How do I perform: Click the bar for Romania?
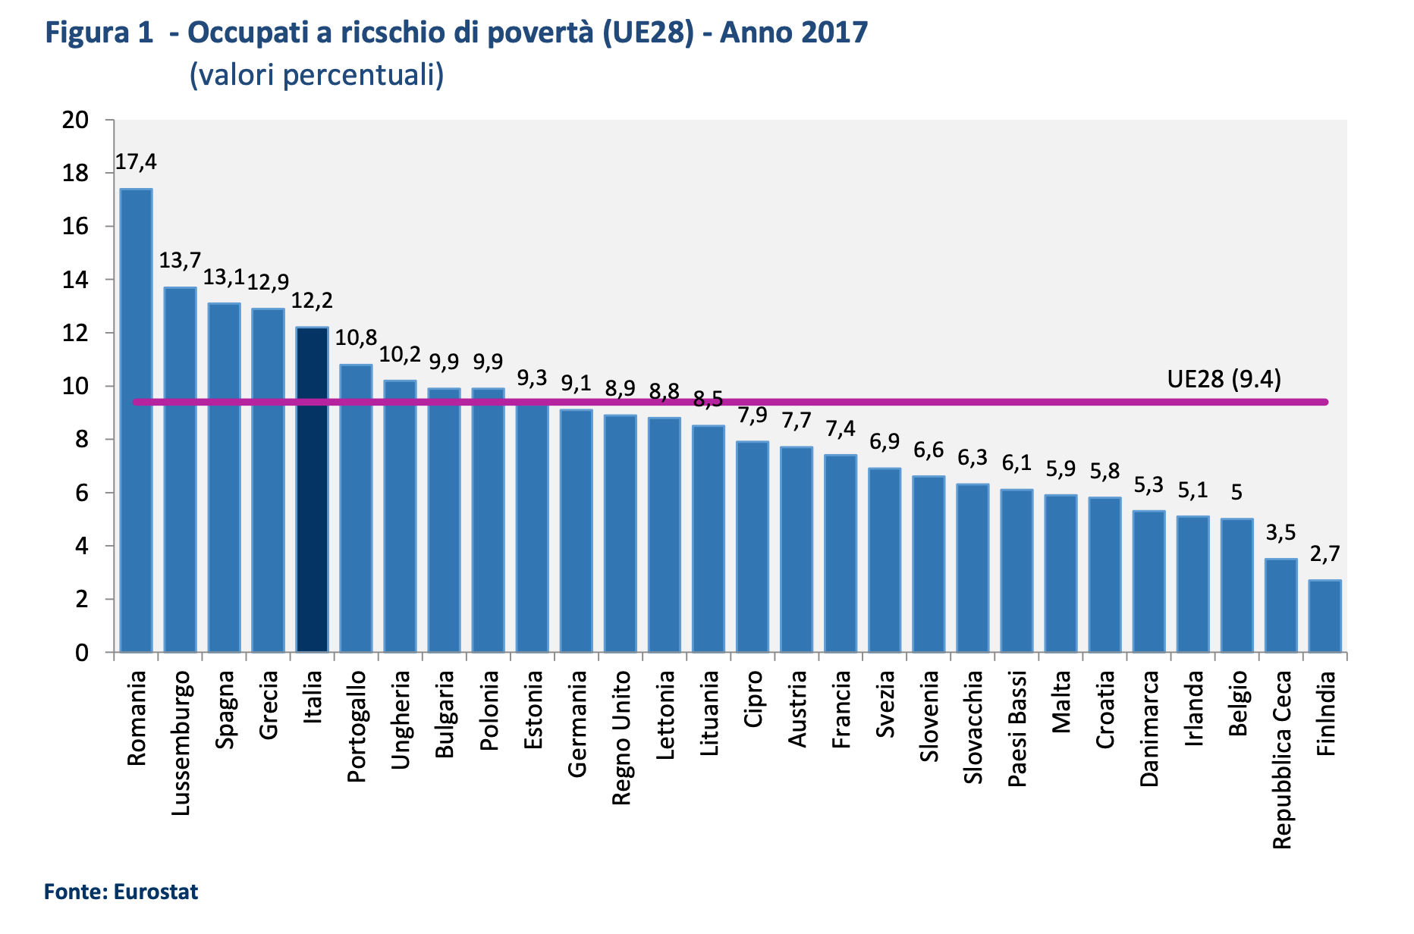(x=137, y=421)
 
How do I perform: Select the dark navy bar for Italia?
(x=312, y=490)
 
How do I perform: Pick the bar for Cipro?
(x=753, y=547)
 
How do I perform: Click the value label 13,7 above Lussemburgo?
(x=180, y=261)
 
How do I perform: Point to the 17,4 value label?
(x=136, y=161)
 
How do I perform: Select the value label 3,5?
(x=1280, y=533)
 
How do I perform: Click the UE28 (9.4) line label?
(x=1224, y=378)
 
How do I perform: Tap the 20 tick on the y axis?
(x=76, y=120)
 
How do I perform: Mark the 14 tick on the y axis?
(x=76, y=280)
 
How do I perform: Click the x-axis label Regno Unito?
(x=621, y=738)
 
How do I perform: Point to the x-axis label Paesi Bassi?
(x=1017, y=729)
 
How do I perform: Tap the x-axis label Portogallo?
(x=357, y=726)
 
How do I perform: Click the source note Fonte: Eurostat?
(x=121, y=892)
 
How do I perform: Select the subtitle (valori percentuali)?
(x=316, y=74)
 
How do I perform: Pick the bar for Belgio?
(x=1236, y=585)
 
